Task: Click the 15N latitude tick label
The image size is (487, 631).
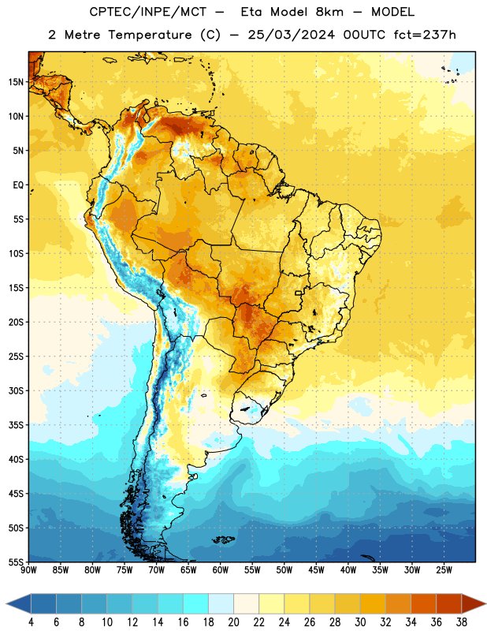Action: point(16,82)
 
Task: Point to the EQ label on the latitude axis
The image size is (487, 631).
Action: point(18,185)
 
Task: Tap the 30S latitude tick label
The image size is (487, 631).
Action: point(16,390)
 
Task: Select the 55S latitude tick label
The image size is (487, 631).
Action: point(16,562)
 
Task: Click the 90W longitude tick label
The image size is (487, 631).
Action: point(29,570)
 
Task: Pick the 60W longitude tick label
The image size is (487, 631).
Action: point(221,570)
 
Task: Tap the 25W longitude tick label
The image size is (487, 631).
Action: point(444,570)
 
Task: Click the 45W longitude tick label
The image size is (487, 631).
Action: point(317,570)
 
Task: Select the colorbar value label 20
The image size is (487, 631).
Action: point(233,622)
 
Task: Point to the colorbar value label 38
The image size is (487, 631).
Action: point(462,622)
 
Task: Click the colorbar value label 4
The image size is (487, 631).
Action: point(31,622)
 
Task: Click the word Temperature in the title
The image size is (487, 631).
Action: point(150,35)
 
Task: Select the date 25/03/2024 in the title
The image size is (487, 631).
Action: point(291,35)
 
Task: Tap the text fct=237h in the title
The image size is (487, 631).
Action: point(425,35)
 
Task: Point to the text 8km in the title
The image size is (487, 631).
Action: point(329,12)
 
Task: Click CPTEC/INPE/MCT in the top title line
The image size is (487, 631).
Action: point(148,12)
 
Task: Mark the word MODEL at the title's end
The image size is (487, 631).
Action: point(392,12)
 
